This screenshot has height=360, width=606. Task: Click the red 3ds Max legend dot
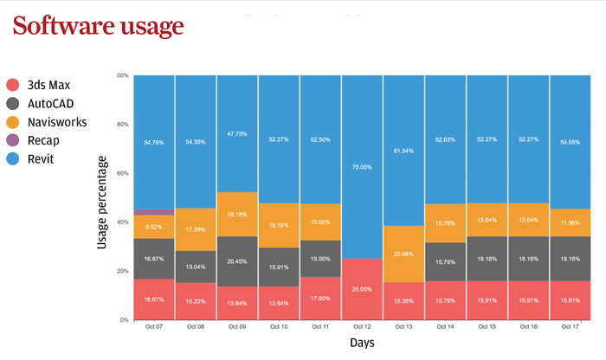(x=14, y=85)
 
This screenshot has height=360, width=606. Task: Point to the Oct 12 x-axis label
(x=362, y=328)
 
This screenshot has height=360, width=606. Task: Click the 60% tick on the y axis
(x=122, y=173)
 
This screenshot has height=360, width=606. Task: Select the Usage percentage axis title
(x=102, y=202)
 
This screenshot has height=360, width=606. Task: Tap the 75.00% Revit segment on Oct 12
(x=362, y=167)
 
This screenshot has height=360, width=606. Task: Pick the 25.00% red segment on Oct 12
(x=362, y=289)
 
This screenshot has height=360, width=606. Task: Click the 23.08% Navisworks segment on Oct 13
(x=403, y=254)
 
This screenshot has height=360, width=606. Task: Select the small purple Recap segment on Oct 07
(x=154, y=211)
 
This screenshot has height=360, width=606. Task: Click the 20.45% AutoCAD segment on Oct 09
(x=237, y=261)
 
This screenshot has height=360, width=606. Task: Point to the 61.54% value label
(x=403, y=151)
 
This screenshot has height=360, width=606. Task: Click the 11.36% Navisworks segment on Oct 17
(x=571, y=222)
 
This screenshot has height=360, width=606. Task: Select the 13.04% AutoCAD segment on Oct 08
(x=196, y=267)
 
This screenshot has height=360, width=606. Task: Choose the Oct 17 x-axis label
(x=571, y=328)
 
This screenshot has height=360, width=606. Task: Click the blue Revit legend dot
(x=14, y=159)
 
